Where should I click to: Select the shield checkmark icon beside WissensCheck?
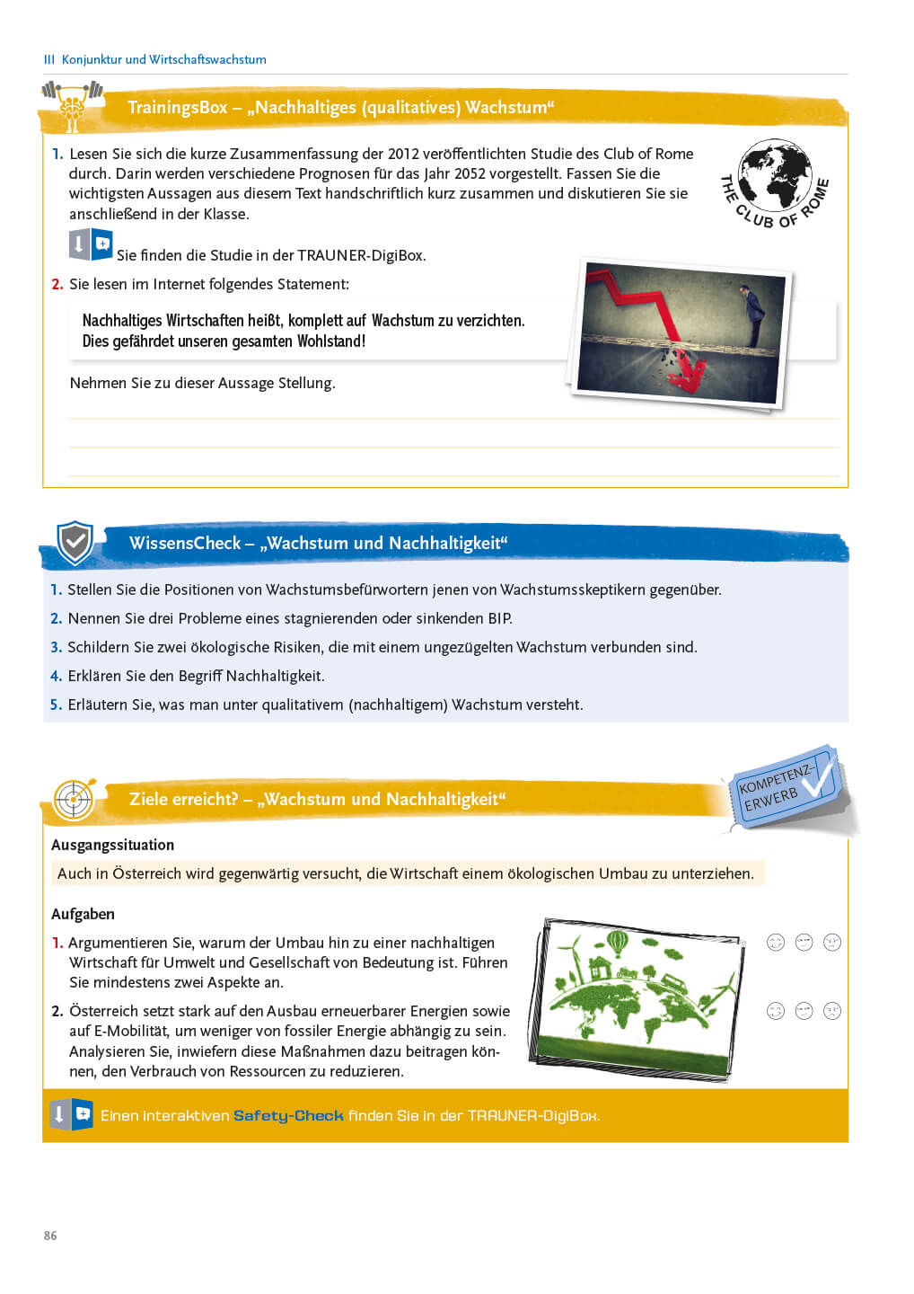pyautogui.click(x=75, y=542)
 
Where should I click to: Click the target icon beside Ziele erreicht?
pyautogui.click(x=74, y=798)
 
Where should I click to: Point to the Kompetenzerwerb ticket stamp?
pyautogui.click(x=786, y=784)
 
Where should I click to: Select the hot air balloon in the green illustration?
pyautogui.click(x=618, y=943)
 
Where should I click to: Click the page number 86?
pyautogui.click(x=50, y=1236)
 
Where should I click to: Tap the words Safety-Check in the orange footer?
pyautogui.click(x=288, y=1115)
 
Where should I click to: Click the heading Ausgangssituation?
pyautogui.click(x=112, y=845)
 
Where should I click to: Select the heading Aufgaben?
pyautogui.click(x=83, y=914)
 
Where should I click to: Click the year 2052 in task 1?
pyautogui.click(x=470, y=173)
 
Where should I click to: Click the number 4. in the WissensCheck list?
pyautogui.click(x=56, y=676)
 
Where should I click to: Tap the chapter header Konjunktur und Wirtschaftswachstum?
pyautogui.click(x=163, y=59)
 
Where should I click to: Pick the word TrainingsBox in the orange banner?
pyautogui.click(x=177, y=107)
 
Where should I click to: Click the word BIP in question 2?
pyautogui.click(x=499, y=618)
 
